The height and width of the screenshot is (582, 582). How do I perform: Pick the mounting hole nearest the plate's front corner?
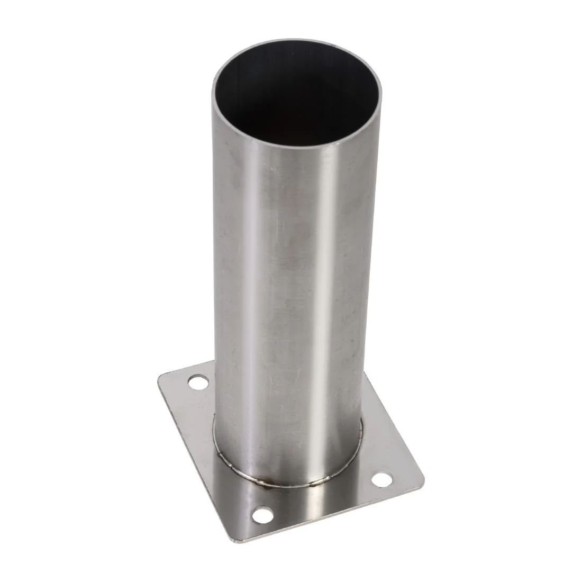[x=260, y=512]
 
